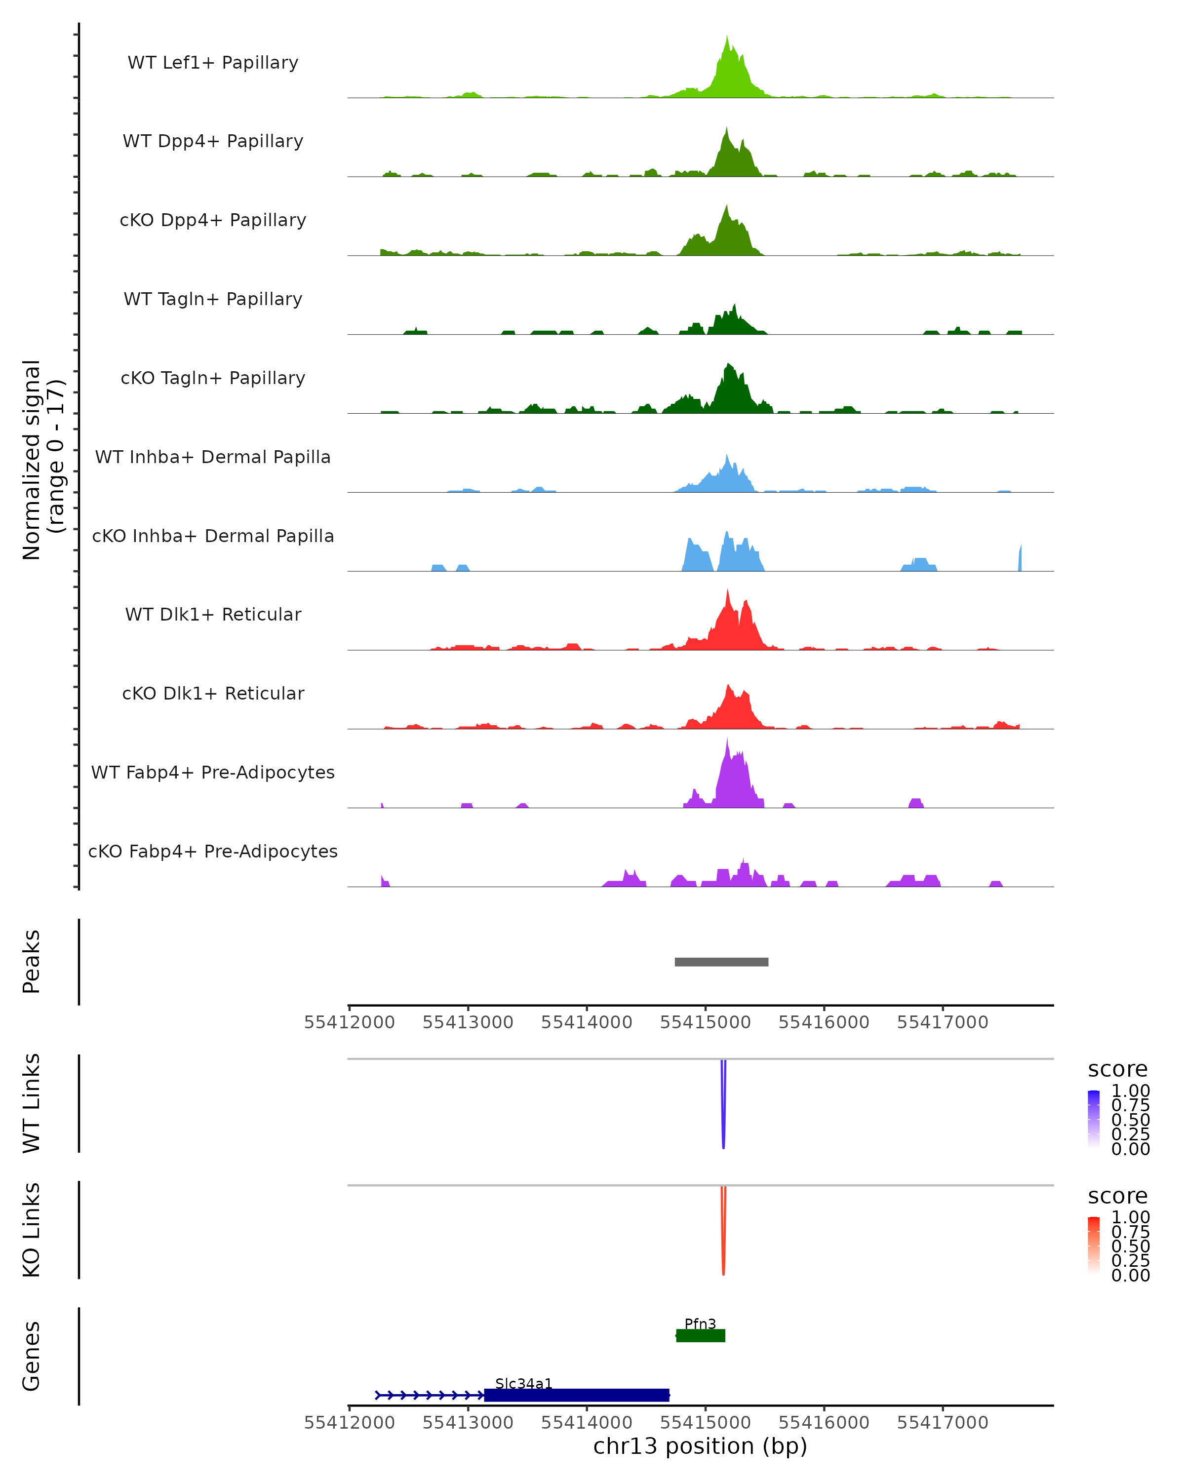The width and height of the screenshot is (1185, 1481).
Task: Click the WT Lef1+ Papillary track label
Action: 213,63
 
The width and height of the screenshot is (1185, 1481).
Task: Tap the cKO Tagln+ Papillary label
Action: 213,378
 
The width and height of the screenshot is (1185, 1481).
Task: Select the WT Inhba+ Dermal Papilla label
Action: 213,457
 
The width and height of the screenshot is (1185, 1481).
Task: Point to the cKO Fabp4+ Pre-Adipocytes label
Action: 213,851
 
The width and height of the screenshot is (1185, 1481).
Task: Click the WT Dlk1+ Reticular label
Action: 213,614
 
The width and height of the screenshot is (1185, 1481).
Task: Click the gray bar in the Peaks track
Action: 721,962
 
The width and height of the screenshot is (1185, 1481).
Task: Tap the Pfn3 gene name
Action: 700,1324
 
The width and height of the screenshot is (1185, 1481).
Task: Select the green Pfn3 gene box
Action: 701,1335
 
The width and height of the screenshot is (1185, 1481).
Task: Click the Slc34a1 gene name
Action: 523,1383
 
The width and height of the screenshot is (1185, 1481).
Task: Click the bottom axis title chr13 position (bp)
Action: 700,1446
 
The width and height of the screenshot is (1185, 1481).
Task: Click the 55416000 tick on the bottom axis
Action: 824,1423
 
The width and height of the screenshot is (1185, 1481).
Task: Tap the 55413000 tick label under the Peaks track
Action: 468,1022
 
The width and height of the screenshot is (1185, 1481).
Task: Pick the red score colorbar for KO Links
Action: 1094,1246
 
